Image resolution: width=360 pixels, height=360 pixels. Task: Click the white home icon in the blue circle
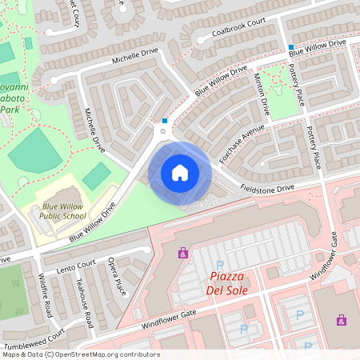180,173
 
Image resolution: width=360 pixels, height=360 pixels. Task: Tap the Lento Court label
76,265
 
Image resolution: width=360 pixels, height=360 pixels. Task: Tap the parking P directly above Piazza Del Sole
220,264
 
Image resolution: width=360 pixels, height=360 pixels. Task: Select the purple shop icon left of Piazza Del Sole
183,253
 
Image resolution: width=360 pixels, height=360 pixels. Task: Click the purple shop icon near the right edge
342,319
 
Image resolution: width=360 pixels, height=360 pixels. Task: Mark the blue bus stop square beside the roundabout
165,121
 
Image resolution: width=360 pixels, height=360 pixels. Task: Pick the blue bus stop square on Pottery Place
291,47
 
